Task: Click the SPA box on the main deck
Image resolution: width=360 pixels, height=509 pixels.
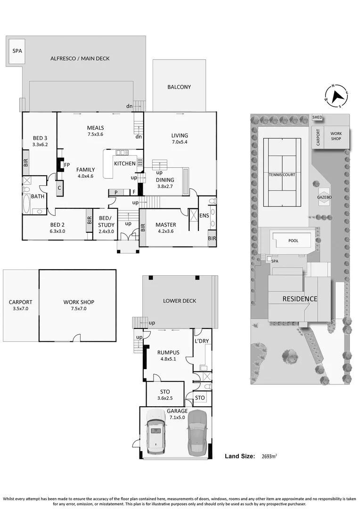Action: (17, 51)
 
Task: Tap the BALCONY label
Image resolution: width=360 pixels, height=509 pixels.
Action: (179, 87)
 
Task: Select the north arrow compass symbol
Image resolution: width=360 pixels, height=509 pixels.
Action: (336, 97)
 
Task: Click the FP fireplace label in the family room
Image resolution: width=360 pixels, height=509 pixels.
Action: (67, 165)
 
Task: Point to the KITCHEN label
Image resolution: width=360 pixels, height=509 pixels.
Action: (125, 164)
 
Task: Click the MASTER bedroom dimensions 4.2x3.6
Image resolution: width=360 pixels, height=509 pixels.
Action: (165, 231)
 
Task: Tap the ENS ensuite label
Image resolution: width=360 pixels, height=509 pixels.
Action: (204, 215)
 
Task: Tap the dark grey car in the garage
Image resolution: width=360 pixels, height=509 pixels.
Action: (197, 433)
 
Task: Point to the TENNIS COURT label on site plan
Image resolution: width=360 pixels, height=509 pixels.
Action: (282, 175)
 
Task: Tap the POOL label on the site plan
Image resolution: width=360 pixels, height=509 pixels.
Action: (293, 240)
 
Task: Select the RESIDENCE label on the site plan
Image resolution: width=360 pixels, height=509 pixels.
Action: (300, 299)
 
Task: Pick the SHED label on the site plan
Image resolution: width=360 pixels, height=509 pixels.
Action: (318, 117)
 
